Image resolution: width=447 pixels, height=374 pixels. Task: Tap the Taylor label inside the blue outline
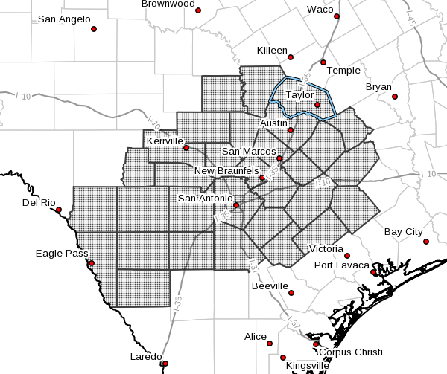click(x=299, y=95)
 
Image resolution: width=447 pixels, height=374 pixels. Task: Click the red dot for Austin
click(x=291, y=130)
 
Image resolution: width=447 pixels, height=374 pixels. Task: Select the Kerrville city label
click(x=165, y=141)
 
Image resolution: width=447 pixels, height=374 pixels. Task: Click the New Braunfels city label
click(x=226, y=171)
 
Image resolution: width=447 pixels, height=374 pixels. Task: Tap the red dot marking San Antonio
click(x=236, y=205)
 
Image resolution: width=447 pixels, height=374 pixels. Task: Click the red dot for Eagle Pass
click(x=92, y=262)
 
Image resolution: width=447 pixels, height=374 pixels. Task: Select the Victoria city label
click(x=328, y=248)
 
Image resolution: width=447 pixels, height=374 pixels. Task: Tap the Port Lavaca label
click(x=341, y=265)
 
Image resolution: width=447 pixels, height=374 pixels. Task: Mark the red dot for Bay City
click(x=425, y=242)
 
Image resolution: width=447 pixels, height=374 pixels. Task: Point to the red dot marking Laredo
click(x=165, y=364)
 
